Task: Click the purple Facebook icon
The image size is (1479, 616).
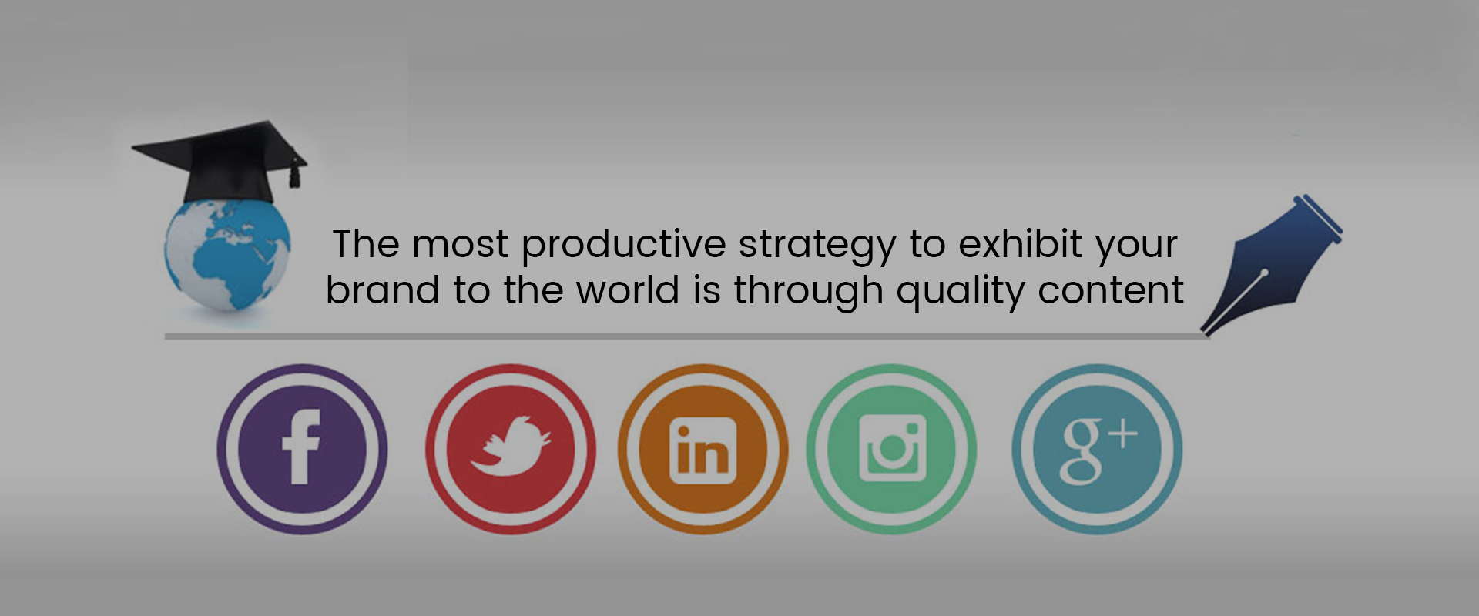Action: (302, 449)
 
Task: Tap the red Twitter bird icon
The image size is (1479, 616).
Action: (510, 449)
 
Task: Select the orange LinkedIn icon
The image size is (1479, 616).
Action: (703, 449)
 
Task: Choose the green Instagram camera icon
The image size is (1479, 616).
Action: (891, 449)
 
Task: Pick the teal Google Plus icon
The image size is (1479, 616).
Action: (1097, 449)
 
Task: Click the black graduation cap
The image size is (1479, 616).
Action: (220, 162)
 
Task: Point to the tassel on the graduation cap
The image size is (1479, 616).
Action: (293, 176)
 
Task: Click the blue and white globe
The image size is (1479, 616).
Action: (228, 254)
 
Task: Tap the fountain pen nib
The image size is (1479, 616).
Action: (1271, 266)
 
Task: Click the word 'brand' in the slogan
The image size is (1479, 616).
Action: (383, 290)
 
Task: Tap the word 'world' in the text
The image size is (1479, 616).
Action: (628, 290)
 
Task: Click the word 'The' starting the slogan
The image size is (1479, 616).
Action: (367, 244)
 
